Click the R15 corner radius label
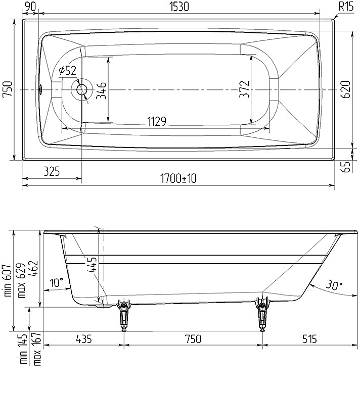(346, 6)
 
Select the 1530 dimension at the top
(179, 7)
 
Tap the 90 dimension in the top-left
(30, 6)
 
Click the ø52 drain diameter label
(67, 71)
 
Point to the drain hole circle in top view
(82, 89)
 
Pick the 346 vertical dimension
(102, 90)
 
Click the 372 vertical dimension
(244, 89)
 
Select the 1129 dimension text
(157, 122)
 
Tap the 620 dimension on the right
(346, 89)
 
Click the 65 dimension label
(346, 167)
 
